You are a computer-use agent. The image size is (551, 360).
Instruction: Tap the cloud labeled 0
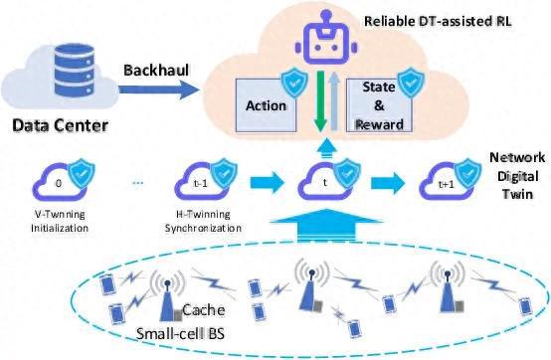[59, 186]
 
